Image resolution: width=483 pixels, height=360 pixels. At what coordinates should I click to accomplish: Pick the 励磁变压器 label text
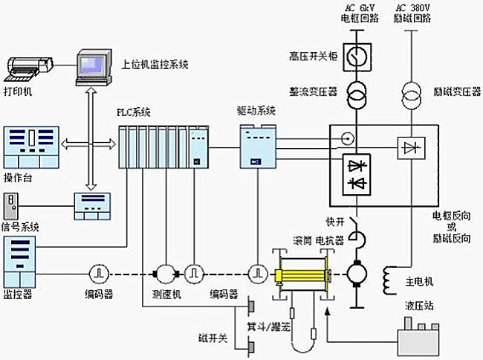(x=454, y=92)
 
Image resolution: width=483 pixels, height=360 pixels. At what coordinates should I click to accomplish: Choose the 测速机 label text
(x=168, y=294)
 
